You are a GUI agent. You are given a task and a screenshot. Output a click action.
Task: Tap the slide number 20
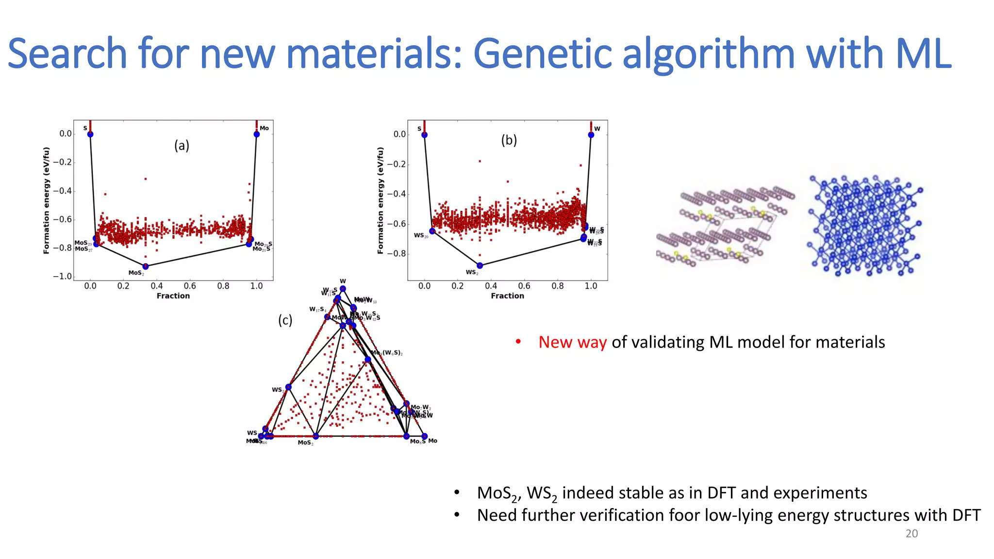tap(911, 534)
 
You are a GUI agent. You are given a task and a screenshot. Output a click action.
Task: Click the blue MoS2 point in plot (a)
tap(146, 266)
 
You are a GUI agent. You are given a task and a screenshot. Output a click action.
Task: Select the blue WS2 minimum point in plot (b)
tap(480, 265)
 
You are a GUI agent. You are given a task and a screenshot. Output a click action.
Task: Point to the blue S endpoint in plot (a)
tap(90, 134)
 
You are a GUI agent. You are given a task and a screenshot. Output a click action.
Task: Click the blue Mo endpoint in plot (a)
tap(256, 134)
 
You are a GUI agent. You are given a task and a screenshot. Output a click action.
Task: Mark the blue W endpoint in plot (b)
tap(591, 135)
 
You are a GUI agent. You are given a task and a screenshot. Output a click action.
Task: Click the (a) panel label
tap(182, 146)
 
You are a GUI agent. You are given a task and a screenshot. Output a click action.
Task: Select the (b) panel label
tap(509, 140)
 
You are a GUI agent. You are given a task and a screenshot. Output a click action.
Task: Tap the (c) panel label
tap(285, 320)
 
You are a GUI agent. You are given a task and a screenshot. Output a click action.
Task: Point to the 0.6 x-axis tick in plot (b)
tap(524, 286)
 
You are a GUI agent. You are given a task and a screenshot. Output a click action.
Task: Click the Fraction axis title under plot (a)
tap(173, 296)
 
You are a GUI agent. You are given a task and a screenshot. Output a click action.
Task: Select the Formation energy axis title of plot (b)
tap(381, 200)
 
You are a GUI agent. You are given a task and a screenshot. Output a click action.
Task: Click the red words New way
tap(572, 343)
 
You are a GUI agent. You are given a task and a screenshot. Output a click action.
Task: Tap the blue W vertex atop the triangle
tap(343, 289)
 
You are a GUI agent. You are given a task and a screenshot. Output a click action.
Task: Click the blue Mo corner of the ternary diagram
tap(424, 436)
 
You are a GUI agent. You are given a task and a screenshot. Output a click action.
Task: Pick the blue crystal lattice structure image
tap(864, 226)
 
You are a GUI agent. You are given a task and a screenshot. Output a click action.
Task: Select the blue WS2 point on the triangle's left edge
tap(288, 387)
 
